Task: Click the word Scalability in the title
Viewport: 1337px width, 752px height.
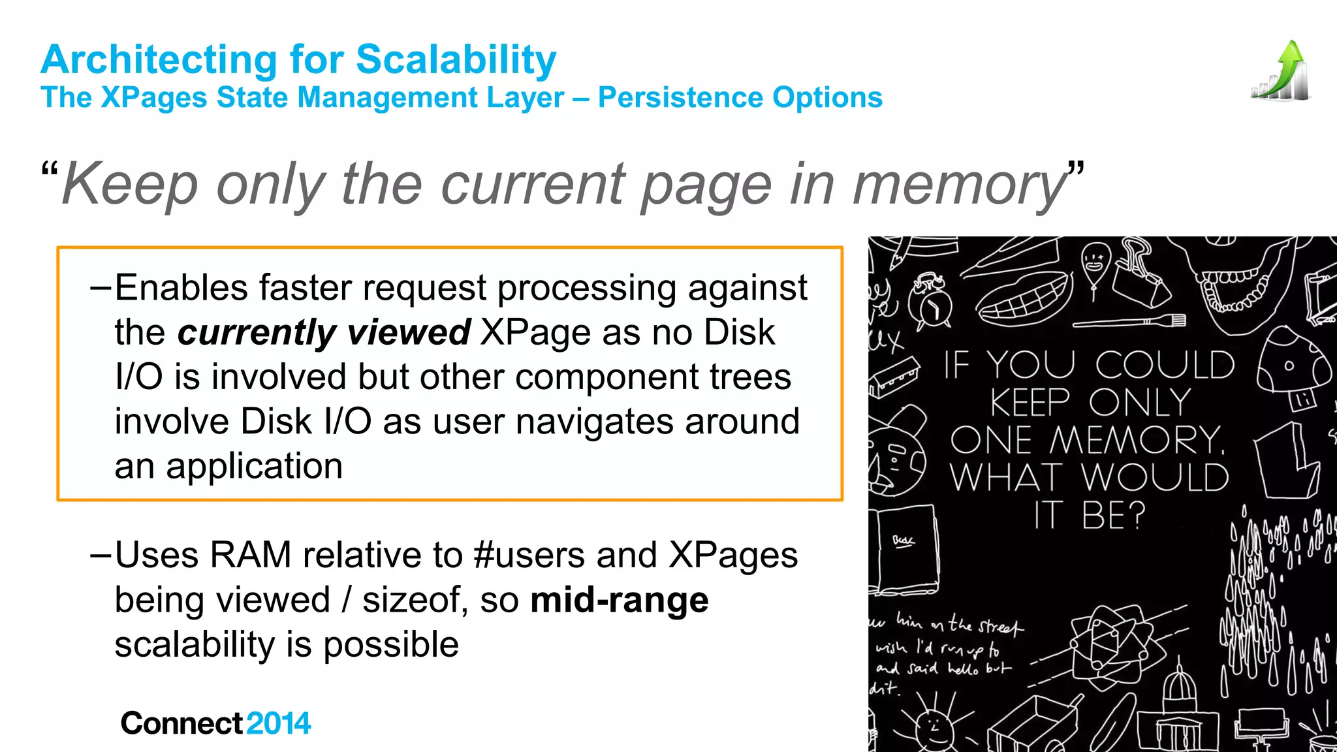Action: (x=456, y=60)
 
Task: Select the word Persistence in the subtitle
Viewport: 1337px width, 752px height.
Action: (x=680, y=98)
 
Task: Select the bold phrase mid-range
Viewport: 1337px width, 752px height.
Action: (x=619, y=601)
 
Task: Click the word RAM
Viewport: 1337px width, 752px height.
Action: (x=250, y=556)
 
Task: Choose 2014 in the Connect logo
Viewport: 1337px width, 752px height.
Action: (x=279, y=723)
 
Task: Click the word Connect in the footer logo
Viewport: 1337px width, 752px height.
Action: (x=182, y=723)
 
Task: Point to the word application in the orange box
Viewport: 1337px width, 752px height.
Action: (x=254, y=467)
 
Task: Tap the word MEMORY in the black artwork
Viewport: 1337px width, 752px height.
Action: (x=1136, y=440)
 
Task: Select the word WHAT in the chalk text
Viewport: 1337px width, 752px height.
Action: (x=1005, y=478)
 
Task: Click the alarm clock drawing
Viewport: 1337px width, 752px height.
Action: (x=931, y=304)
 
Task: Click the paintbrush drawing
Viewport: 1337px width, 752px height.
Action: (x=1129, y=321)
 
